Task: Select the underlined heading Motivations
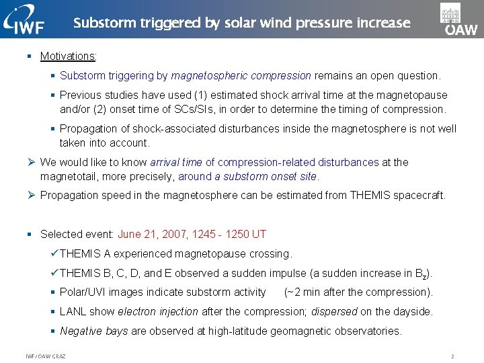(68, 56)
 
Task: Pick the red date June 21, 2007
(152, 234)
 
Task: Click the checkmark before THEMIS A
(54, 253)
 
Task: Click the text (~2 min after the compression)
(358, 292)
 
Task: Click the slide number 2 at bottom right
(453, 356)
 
